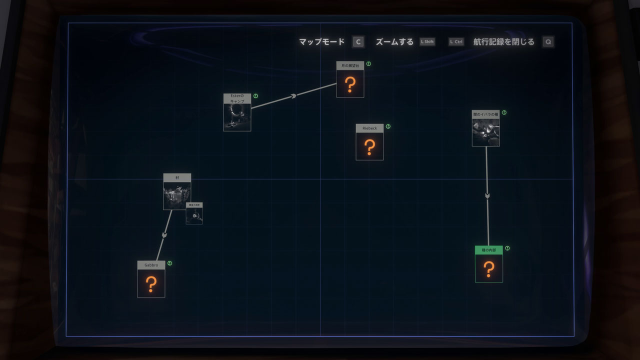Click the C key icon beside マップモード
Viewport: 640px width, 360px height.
pos(358,42)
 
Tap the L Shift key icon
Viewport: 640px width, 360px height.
pos(427,42)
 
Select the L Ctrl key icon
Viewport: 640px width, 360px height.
pos(456,42)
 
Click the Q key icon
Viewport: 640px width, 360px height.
pos(548,42)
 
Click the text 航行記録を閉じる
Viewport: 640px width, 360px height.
pos(503,42)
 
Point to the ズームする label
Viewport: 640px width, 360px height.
pos(394,42)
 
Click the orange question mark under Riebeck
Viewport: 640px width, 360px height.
pos(369,146)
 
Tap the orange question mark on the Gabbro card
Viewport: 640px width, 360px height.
pos(151,284)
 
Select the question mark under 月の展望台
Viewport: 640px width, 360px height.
pos(350,84)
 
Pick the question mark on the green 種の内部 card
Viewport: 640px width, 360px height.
pos(489,269)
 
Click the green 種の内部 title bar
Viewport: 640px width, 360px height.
pos(489,249)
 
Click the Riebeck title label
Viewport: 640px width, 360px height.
pos(369,128)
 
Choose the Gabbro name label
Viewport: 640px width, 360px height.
pos(151,265)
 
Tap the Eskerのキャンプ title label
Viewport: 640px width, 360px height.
pos(237,98)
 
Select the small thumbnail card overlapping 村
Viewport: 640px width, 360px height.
pos(194,214)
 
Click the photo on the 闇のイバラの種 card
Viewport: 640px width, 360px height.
pos(485,132)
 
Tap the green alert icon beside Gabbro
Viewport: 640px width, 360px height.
pos(170,263)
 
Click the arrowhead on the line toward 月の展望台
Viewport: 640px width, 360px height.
pos(294,95)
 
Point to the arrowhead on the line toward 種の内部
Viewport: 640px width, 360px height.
pos(487,195)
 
